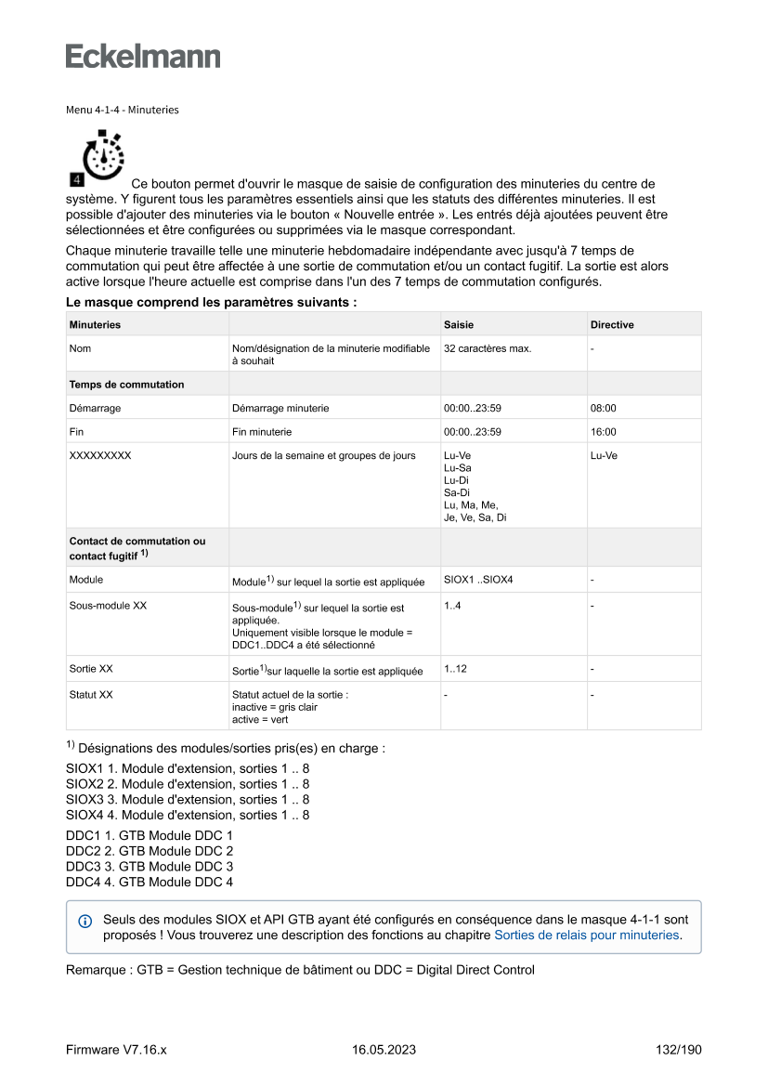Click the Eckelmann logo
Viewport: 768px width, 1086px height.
click(x=143, y=56)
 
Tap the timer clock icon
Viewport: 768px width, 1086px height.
click(x=98, y=157)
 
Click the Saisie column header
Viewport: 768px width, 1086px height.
click(x=459, y=324)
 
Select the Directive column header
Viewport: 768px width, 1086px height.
click(x=612, y=324)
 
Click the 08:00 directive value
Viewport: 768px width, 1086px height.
click(x=604, y=408)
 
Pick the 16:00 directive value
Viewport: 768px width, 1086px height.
click(x=604, y=432)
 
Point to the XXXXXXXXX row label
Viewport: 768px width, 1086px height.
click(x=100, y=456)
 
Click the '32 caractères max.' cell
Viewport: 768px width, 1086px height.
click(x=488, y=348)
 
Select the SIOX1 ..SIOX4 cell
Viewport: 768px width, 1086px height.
click(x=478, y=580)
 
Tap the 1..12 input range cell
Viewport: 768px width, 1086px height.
click(x=457, y=669)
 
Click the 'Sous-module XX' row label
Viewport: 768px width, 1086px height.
click(x=108, y=606)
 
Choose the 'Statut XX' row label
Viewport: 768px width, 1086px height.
click(x=91, y=695)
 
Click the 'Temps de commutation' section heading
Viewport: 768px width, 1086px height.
click(x=126, y=385)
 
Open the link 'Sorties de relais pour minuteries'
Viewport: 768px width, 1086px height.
click(x=587, y=936)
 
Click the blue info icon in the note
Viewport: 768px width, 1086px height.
click(x=85, y=921)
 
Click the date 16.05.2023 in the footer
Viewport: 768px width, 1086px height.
click(x=384, y=1050)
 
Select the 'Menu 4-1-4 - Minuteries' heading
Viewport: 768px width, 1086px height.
click(x=123, y=110)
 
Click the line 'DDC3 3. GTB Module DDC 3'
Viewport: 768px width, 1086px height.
click(x=150, y=867)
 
